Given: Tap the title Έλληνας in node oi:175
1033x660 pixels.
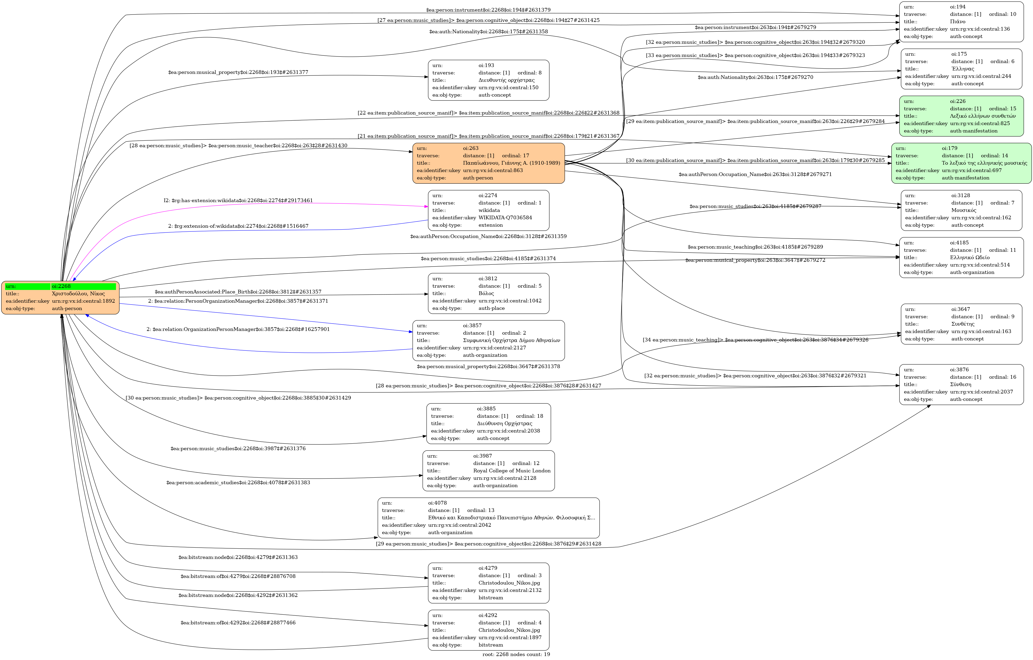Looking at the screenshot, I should (963, 69).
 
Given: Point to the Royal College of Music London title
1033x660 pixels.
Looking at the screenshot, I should (512, 471).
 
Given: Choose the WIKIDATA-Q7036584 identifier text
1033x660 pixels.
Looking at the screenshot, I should (505, 217).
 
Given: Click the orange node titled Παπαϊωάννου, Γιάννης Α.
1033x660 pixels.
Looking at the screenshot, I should (488, 163).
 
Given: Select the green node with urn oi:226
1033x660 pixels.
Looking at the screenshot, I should (961, 116).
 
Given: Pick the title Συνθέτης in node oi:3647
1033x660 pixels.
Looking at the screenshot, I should (963, 324).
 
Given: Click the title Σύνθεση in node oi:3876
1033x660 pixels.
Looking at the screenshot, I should (960, 384).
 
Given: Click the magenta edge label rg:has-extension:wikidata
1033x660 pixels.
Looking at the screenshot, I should (238, 200).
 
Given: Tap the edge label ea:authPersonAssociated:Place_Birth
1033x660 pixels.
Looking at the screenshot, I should (238, 292).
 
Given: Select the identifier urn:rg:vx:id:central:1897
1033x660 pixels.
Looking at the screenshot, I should (510, 637).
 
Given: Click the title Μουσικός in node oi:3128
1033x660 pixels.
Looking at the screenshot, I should (964, 210).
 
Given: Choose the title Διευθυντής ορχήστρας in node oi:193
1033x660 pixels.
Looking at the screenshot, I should (506, 80).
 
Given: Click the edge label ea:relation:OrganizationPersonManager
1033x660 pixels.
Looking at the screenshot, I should (238, 329).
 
